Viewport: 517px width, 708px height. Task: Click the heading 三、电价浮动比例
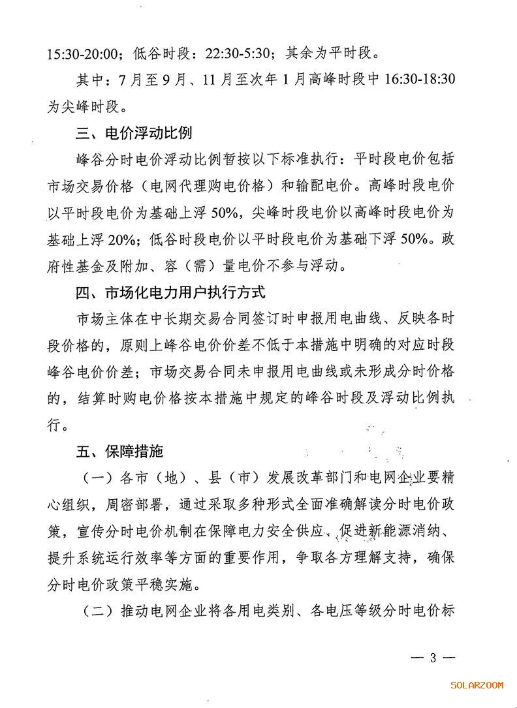point(133,133)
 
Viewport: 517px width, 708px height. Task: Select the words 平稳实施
point(178,585)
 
